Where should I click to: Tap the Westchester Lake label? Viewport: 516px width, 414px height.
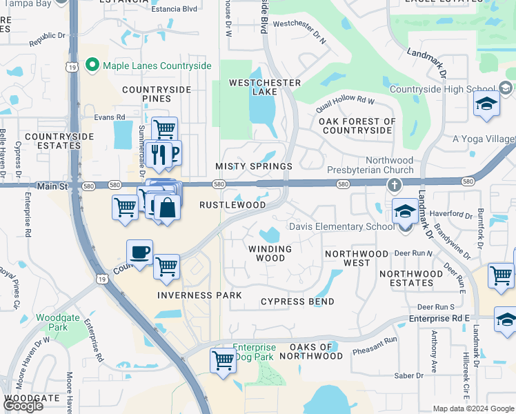tap(265, 87)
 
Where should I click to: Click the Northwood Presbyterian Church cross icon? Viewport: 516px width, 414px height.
tap(394, 185)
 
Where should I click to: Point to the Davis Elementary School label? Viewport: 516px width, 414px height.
tap(342, 226)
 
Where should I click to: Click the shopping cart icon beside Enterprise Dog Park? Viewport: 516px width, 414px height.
tap(223, 359)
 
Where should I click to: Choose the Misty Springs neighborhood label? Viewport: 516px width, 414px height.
tap(254, 167)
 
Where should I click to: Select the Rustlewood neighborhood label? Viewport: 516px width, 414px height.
tap(232, 206)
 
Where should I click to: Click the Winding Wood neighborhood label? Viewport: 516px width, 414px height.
tap(270, 253)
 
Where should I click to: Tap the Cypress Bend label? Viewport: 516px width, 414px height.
tap(297, 302)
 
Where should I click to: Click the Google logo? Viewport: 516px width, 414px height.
tap(23, 406)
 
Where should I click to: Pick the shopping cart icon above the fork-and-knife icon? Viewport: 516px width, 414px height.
tap(164, 128)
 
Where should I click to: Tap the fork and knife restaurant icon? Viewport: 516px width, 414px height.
tap(158, 153)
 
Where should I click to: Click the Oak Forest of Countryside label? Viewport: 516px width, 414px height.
tap(357, 126)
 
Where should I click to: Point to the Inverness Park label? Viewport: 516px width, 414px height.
tap(199, 295)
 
